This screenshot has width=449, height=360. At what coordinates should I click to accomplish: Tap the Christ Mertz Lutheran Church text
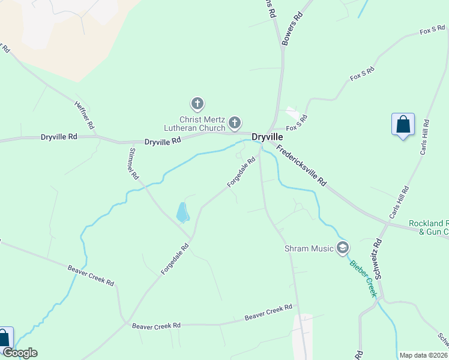(194, 123)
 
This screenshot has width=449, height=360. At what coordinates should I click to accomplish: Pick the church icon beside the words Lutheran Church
(235, 124)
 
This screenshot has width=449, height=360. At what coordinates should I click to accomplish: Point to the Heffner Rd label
(84, 115)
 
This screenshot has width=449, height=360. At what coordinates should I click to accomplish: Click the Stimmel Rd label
(133, 164)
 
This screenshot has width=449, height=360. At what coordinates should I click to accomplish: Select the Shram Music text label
(309, 248)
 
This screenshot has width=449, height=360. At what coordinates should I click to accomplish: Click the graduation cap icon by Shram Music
(343, 247)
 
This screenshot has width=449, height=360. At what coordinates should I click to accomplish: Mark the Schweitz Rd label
(379, 262)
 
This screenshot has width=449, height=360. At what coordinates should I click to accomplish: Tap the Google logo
(20, 353)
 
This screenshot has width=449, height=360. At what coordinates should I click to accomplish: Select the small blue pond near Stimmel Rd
(182, 212)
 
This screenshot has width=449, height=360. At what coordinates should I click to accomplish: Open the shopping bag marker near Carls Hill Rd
(403, 125)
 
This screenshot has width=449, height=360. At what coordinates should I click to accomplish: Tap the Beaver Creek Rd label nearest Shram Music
(268, 312)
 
